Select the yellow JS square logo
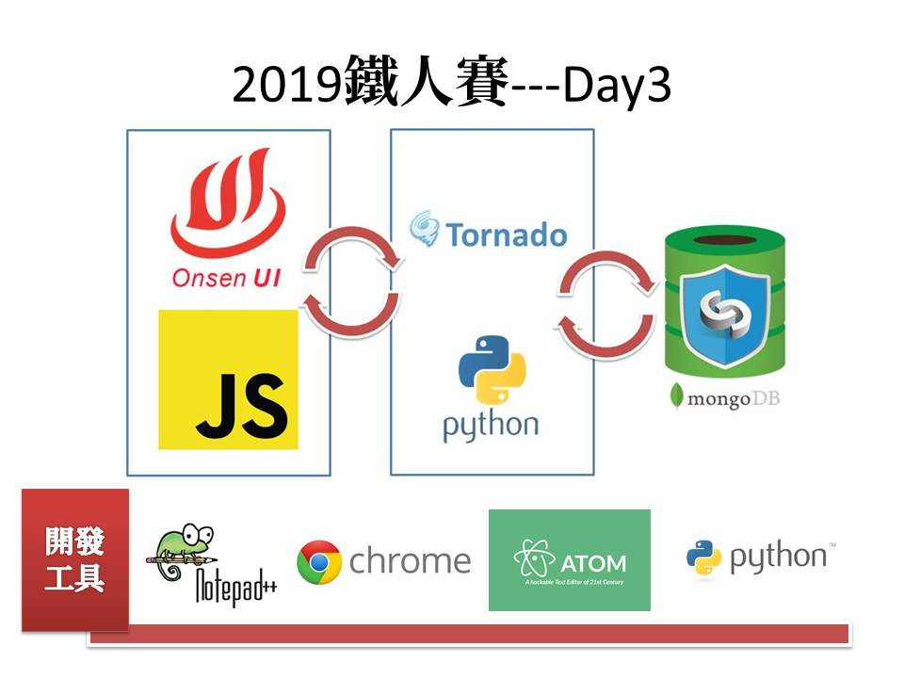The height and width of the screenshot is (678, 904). click(x=228, y=379)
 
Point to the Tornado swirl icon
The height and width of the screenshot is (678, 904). click(x=425, y=229)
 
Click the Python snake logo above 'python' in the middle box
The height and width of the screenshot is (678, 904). click(x=491, y=369)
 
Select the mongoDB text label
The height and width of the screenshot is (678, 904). click(x=733, y=397)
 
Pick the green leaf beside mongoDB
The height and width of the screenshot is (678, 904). click(x=676, y=395)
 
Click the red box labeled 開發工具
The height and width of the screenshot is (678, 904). click(x=75, y=559)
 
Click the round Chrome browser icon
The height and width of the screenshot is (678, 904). click(x=318, y=562)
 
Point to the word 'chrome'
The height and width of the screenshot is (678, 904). click(x=410, y=562)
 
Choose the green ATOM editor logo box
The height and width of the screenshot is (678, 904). click(x=569, y=560)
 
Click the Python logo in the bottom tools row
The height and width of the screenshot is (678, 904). click(x=703, y=558)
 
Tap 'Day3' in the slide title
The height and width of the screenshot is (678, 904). click(x=617, y=87)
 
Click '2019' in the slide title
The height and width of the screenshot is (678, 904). click(x=284, y=87)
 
